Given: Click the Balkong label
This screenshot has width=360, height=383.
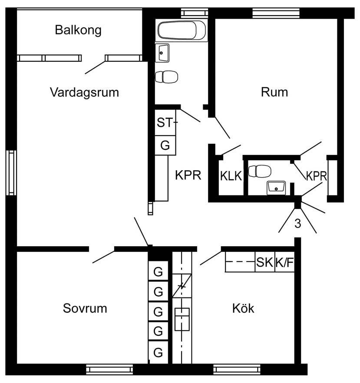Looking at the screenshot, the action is coord(78,30).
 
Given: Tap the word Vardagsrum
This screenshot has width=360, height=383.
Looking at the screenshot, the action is coord(85,92).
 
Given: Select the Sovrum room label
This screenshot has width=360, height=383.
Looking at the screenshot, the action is coord(85,308).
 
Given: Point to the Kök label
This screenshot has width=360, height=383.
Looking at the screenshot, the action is coord(243,308).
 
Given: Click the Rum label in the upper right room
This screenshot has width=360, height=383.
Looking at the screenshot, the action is coord(274,92).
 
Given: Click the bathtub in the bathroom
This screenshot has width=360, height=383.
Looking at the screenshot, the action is coord(182,30).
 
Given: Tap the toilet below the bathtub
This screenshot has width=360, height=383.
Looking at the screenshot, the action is coord(167,77).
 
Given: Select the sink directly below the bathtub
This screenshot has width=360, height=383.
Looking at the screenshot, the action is coord(162,53).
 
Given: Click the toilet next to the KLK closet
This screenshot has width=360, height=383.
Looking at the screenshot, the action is coord(260,171).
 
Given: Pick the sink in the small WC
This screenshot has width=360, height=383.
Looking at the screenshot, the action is coord(276,188).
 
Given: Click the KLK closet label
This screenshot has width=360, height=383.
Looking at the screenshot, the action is coord(231,176).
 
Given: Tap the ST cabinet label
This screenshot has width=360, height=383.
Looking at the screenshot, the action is coord(165,122).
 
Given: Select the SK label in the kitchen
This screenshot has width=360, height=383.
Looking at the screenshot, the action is coord(264,262).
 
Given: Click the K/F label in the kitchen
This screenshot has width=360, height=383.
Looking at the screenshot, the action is coord(284,263).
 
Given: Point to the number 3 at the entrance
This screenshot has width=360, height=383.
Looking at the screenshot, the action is coord(298,223).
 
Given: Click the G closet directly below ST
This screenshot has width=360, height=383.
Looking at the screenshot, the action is coord(165,145).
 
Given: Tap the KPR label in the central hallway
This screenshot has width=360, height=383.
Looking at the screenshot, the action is coord(188,175).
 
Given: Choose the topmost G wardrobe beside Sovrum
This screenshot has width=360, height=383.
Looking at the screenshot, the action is coord(158,271).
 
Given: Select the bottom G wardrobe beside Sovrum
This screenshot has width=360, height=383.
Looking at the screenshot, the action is coord(158,352).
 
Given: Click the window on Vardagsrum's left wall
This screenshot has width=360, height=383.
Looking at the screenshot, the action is coord(11,173).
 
